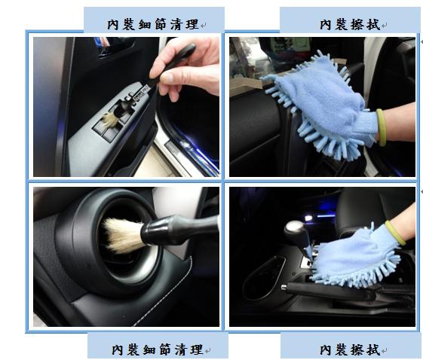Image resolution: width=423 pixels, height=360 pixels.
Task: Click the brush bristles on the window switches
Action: coord(110,119)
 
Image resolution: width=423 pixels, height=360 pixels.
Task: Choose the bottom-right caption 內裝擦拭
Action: coord(350,349)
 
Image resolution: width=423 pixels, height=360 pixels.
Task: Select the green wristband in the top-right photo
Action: coord(381,127)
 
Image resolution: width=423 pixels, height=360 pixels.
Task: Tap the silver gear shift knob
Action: coord(294,228)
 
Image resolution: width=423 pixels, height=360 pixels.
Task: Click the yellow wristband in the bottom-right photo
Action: coord(394,232)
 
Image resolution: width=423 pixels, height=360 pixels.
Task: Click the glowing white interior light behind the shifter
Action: coord(308,218)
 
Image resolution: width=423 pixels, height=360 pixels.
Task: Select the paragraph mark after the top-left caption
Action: coord(203,26)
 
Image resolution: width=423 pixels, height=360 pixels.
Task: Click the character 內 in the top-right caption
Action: coord(326,25)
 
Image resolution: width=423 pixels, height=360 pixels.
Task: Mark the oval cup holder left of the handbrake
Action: coord(263,279)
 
